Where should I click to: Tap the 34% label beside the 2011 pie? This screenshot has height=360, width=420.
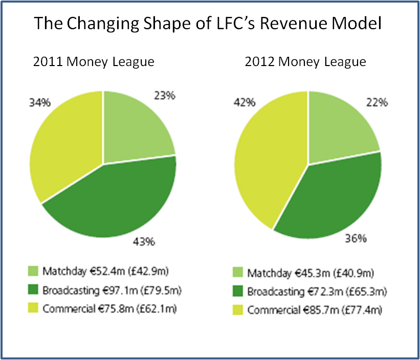(40, 102)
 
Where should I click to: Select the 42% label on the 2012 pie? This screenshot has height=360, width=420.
(245, 102)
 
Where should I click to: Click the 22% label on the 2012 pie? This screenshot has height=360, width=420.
(377, 102)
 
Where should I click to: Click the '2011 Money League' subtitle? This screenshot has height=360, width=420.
(94, 62)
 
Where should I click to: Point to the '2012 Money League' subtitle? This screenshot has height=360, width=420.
(305, 62)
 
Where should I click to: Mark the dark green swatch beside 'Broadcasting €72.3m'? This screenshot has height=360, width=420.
(237, 292)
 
